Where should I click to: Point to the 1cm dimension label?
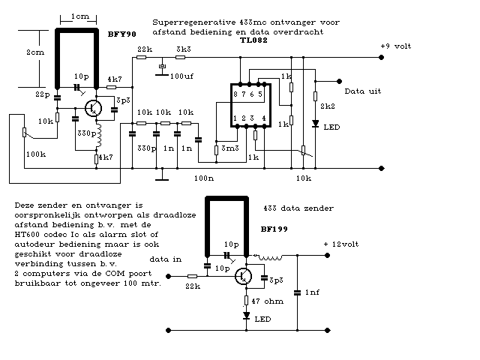(x=79, y=17)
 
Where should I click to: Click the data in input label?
(x=166, y=258)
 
